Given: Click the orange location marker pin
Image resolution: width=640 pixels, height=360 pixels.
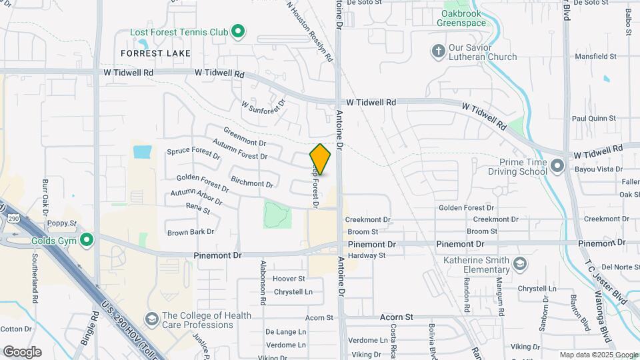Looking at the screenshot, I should point(321,159).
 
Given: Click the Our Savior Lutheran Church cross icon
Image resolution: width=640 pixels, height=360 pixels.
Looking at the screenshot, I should point(438,51).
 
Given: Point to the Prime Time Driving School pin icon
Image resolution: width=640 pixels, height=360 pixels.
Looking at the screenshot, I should point(557,165).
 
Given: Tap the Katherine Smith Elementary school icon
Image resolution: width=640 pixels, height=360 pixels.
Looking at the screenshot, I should point(519,265).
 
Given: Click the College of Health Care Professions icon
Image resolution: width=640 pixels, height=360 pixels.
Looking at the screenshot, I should point(152,320).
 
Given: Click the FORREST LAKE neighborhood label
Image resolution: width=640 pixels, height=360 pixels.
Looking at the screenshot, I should point(156,53).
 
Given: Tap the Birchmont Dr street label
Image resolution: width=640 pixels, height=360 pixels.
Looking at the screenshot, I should point(252,180).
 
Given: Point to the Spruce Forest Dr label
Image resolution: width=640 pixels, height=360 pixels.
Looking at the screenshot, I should point(193,154).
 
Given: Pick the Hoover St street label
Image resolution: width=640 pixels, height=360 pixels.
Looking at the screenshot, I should point(289,279).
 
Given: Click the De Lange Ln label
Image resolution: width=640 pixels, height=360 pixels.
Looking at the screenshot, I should point(285,331).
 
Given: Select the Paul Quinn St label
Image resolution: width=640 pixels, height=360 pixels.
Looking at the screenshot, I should point(593,119).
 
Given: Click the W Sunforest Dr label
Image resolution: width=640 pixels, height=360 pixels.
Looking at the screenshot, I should point(263,105).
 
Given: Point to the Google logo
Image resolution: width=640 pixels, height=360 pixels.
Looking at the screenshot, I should point(22,352).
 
